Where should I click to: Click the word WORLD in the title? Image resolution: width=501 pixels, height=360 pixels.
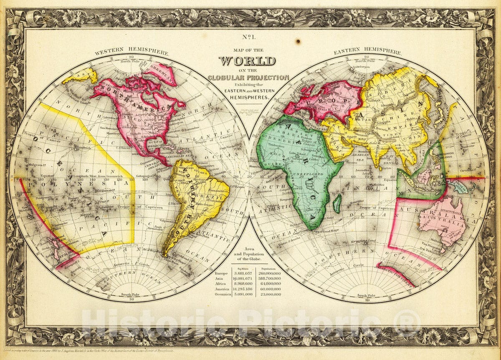(x=247, y=61)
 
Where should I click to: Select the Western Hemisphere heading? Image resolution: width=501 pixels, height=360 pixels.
(x=132, y=53)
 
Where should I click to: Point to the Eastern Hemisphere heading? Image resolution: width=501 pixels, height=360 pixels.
(x=367, y=53)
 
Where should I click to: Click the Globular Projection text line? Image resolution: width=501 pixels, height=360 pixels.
(x=248, y=77)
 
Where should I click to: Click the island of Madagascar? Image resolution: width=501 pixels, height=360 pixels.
(x=337, y=204)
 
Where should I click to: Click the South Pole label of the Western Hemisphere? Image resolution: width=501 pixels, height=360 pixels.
(x=129, y=295)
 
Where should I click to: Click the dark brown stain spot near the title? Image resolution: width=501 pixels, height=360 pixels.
(x=298, y=42)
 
